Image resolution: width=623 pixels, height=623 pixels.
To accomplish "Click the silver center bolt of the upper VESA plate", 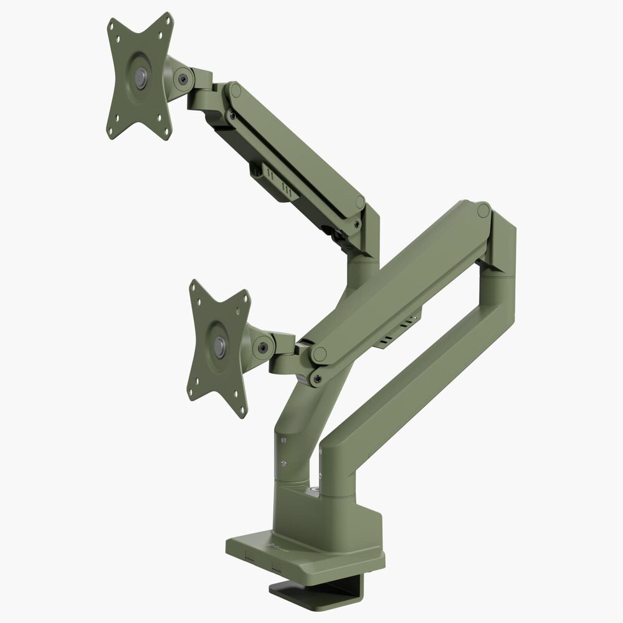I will tap(141, 77).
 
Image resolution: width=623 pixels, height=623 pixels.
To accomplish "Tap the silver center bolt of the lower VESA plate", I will tap(220, 347).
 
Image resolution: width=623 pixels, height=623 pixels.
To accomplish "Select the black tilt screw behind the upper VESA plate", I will tap(183, 79).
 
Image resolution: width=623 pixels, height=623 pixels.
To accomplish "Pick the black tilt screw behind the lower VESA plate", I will tap(263, 348).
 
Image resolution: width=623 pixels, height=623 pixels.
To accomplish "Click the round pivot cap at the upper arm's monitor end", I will tap(235, 90).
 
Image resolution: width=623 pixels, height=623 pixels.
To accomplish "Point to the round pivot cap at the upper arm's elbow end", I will tap(360, 202).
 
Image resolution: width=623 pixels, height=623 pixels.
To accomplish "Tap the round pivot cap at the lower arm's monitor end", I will tap(319, 355).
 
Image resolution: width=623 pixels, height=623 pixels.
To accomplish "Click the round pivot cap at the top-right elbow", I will tap(483, 211).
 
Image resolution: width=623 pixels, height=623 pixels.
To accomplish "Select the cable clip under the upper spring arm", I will tap(274, 183).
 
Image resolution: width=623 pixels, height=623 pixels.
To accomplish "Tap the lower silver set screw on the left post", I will tap(283, 463).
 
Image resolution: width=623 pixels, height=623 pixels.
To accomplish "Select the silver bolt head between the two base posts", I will tap(318, 491).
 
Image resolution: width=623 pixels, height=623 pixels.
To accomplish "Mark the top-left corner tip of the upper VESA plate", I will tap(111, 22).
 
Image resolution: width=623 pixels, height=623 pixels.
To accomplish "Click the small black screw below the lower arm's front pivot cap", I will tap(318, 378).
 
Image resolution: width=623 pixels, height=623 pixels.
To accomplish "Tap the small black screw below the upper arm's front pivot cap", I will tap(232, 115).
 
